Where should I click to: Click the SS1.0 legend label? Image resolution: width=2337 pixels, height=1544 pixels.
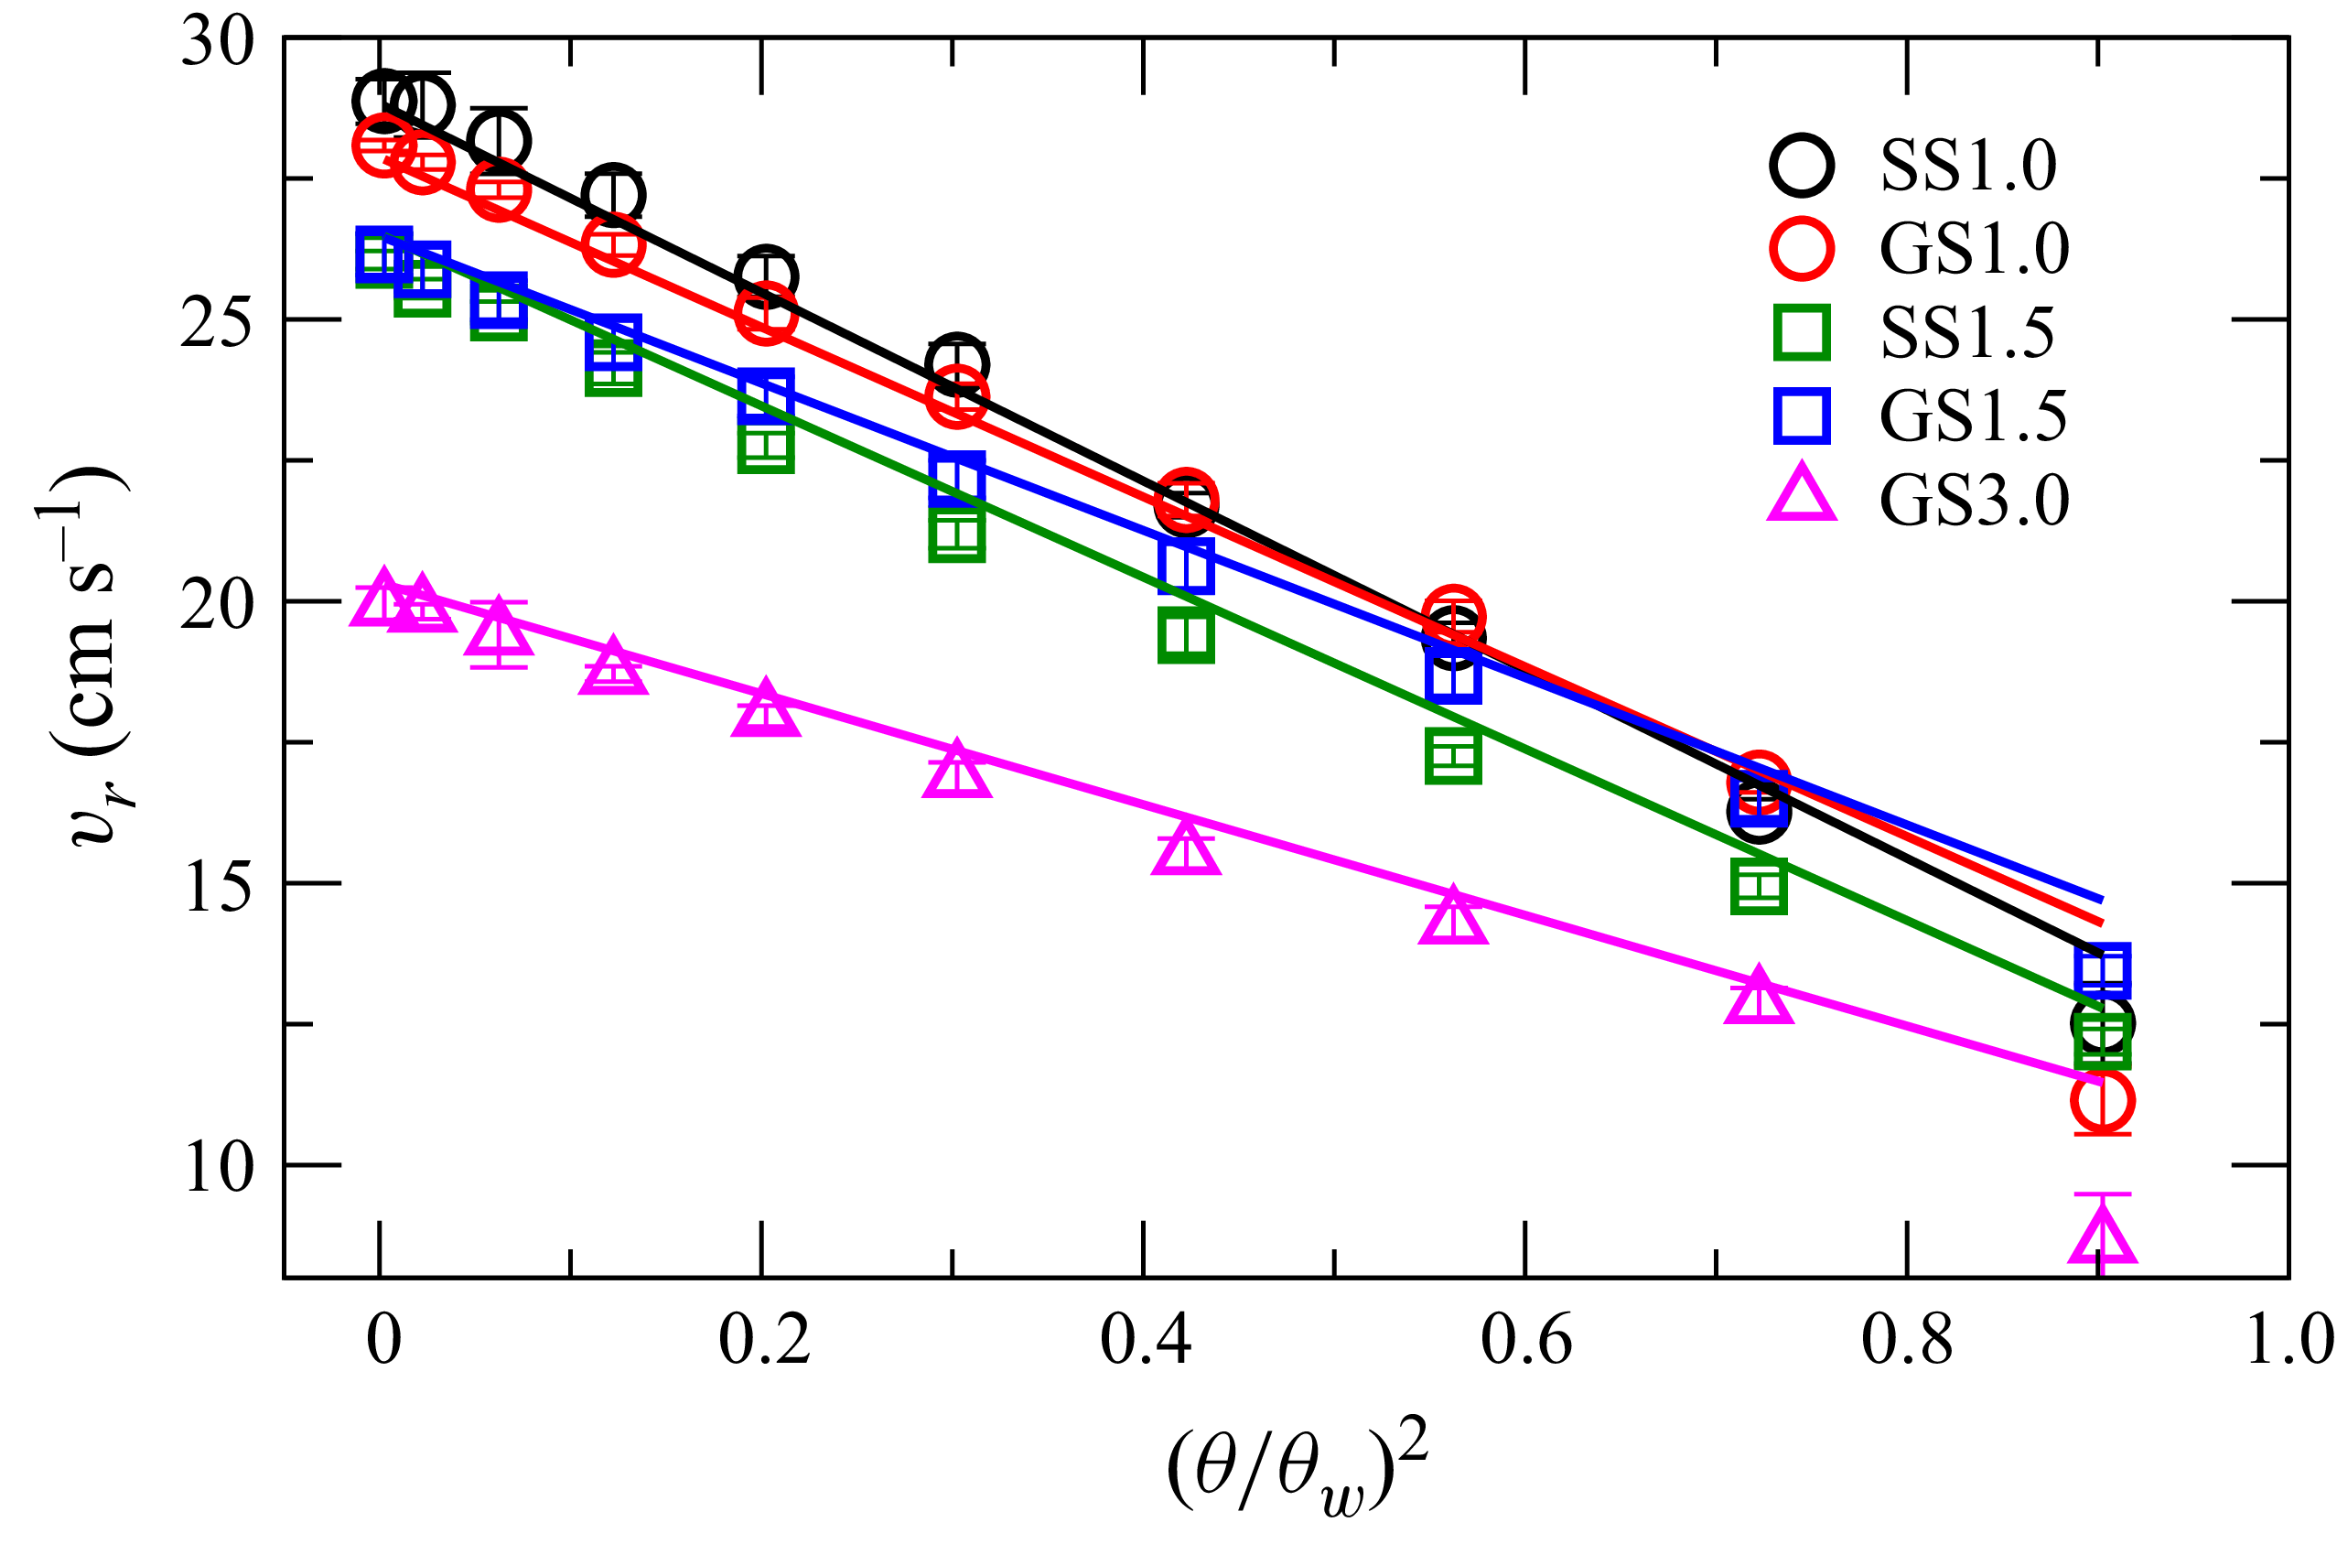click(x=1965, y=166)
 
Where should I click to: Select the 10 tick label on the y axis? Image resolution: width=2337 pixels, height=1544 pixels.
click(x=218, y=1167)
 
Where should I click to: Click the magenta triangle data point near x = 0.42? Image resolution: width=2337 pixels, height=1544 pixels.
click(x=1185, y=848)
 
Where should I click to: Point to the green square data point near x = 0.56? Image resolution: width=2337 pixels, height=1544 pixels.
click(x=1453, y=756)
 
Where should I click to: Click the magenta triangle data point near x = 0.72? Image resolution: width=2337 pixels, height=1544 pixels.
click(x=1758, y=999)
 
